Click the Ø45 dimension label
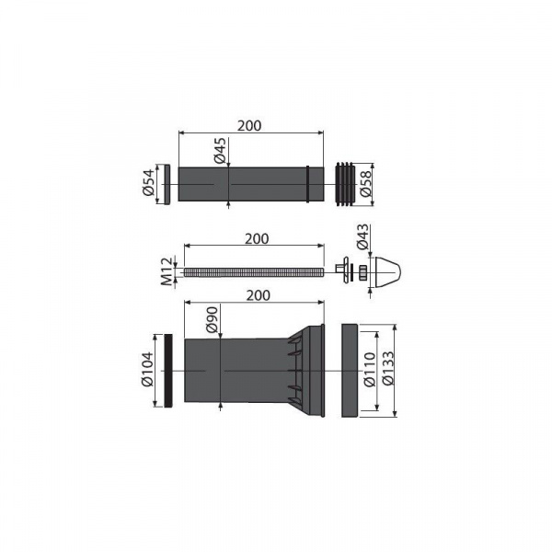coord(220,151)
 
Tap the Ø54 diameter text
coord(148,182)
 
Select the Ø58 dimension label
coord(366,184)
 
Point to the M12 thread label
coord(167,271)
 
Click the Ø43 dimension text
coord(362,237)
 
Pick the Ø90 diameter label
coord(213,319)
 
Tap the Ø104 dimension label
coord(148,369)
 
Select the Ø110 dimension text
coord(370,370)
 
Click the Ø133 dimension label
coord(388,368)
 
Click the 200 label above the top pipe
coord(249,126)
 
